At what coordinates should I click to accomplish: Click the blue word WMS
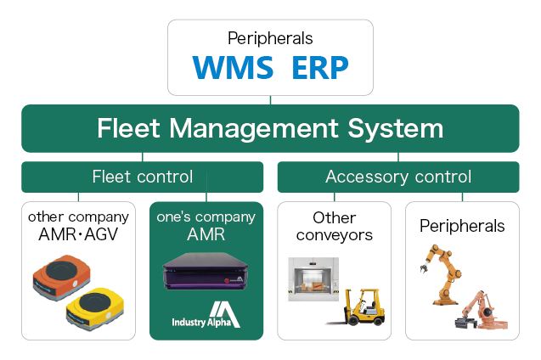pyautogui.click(x=233, y=68)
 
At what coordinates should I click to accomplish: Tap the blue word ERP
pyautogui.click(x=320, y=68)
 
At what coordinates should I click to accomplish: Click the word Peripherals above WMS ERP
pyautogui.click(x=270, y=38)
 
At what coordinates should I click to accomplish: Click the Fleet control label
pyautogui.click(x=143, y=177)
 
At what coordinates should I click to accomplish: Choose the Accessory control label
pyautogui.click(x=398, y=177)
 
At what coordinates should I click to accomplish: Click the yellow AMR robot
pyautogui.click(x=94, y=308)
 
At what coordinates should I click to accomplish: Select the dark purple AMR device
pyautogui.click(x=206, y=271)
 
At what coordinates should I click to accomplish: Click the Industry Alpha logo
pyautogui.click(x=206, y=314)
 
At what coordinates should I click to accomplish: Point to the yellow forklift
pyautogui.click(x=356, y=307)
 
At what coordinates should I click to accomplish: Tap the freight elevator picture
pyautogui.click(x=313, y=279)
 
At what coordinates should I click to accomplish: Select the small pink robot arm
pyautogui.click(x=482, y=311)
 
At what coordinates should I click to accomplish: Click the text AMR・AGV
pyautogui.click(x=78, y=234)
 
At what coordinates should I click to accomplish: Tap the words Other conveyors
pyautogui.click(x=334, y=227)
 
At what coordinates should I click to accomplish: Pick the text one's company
pyautogui.click(x=206, y=217)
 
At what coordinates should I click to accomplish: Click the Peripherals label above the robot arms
pyautogui.click(x=462, y=226)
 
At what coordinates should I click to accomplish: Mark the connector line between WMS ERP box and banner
pyautogui.click(x=270, y=100)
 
